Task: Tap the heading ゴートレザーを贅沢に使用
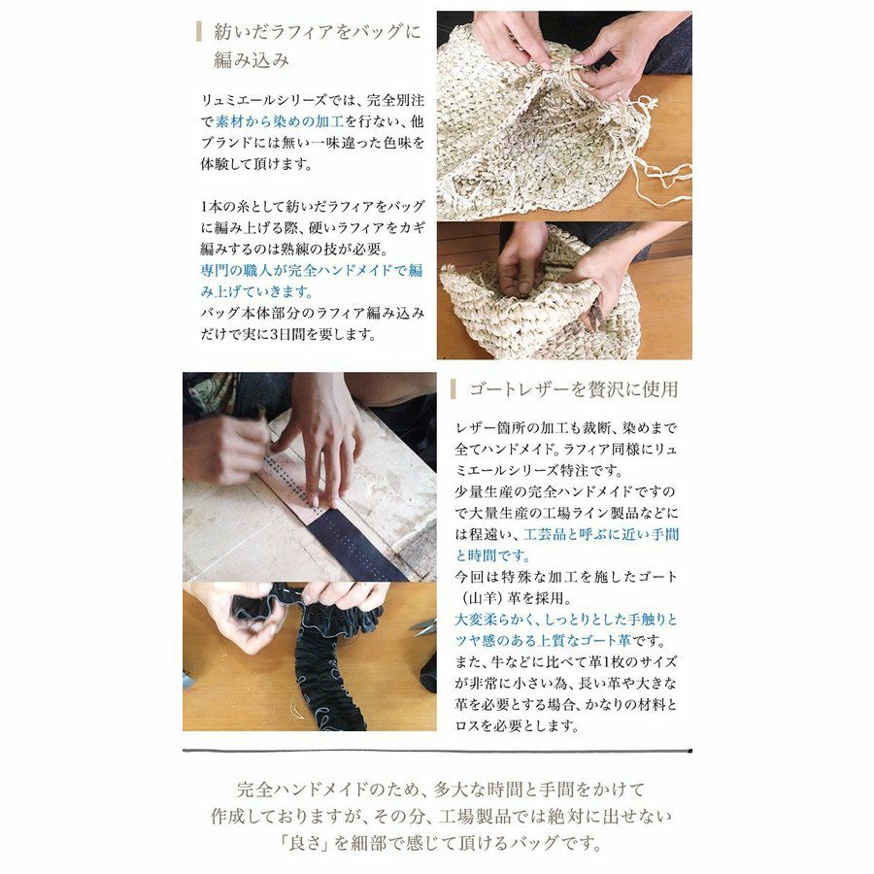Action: point(573,389)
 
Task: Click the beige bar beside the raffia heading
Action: point(199,32)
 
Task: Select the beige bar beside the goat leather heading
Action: point(454,389)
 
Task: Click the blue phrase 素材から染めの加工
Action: point(280,121)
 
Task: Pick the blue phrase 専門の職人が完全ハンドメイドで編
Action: point(312,270)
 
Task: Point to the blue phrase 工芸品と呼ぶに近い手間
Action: point(601,534)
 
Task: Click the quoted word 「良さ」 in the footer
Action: point(304,842)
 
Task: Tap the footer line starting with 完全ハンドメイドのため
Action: point(440,789)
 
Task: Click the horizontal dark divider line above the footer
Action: point(438,751)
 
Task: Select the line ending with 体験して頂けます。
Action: point(256,164)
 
